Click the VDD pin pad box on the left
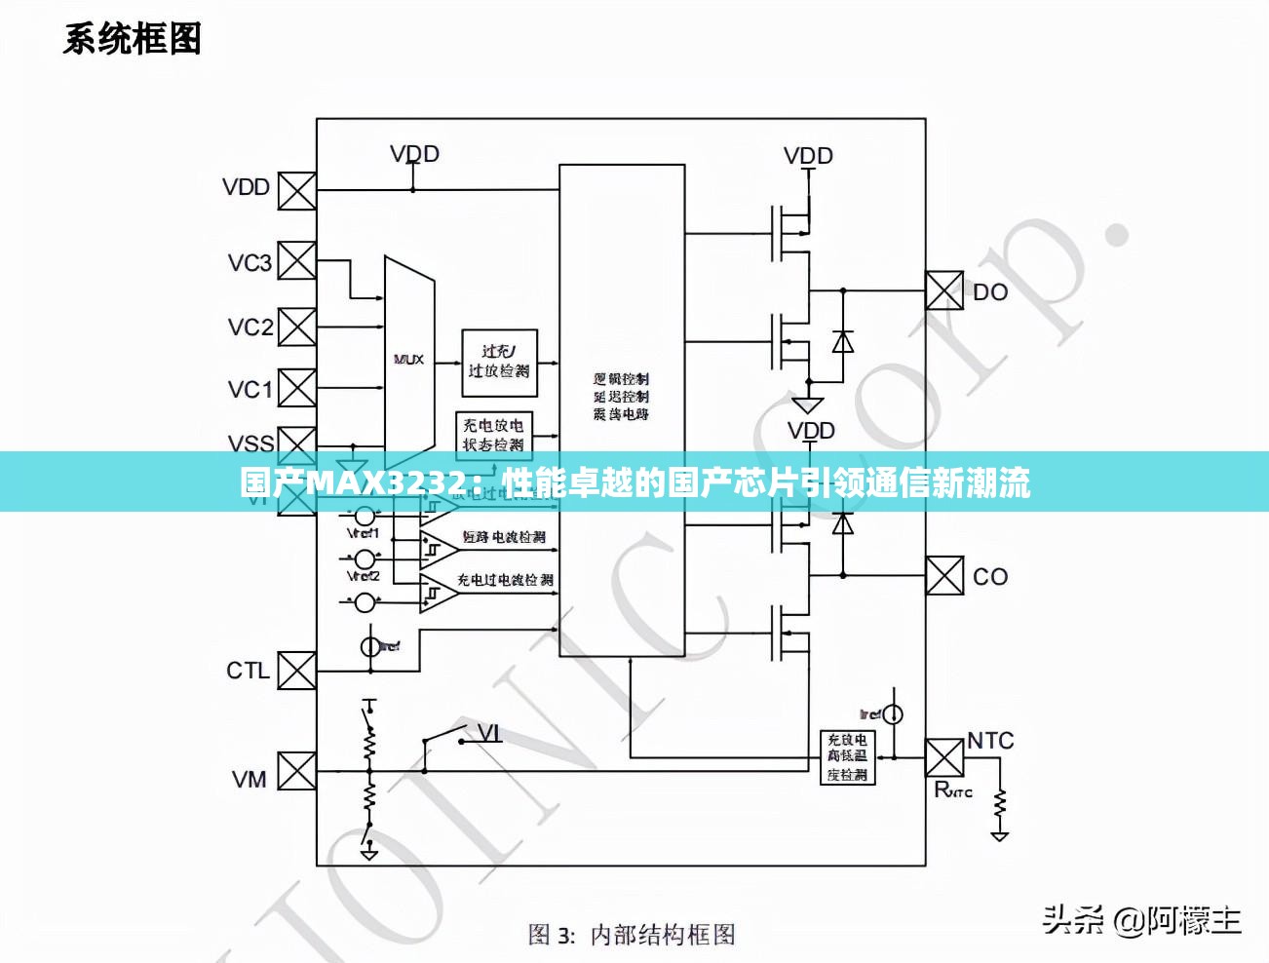click(297, 191)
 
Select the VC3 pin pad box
click(297, 261)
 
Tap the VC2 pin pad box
click(297, 327)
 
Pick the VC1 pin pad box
click(297, 388)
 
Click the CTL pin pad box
click(296, 671)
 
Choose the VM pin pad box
click(297, 771)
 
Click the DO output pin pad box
click(943, 290)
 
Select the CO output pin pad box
click(943, 575)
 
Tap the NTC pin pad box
click(943, 758)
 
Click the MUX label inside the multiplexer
click(408, 360)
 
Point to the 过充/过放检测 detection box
click(499, 362)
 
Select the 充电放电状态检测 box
click(493, 435)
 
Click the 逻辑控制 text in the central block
click(621, 378)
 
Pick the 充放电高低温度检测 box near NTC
click(847, 757)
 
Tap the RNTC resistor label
click(952, 790)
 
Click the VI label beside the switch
click(489, 732)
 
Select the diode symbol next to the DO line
click(843, 342)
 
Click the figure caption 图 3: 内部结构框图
click(632, 935)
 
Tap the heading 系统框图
click(133, 39)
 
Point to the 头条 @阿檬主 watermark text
click(1141, 919)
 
